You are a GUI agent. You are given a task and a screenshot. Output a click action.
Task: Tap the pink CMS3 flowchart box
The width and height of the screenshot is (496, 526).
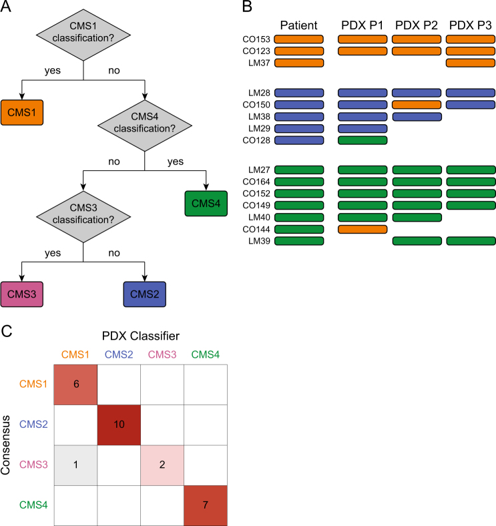(22, 294)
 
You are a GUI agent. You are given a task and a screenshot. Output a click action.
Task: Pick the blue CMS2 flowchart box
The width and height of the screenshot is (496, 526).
(145, 294)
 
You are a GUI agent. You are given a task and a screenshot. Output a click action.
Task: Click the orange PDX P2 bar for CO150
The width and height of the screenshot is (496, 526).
(417, 105)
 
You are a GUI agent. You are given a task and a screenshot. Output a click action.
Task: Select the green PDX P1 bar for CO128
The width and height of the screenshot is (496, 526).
(362, 141)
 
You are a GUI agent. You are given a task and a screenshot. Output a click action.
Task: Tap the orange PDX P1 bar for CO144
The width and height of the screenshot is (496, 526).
(362, 229)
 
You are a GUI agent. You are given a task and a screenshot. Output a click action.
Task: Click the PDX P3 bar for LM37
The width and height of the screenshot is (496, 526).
(471, 63)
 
